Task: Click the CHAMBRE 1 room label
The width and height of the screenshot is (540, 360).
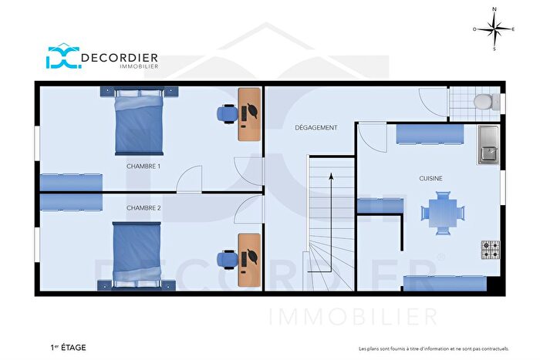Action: click(143, 166)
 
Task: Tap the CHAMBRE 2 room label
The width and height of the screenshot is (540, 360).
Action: click(143, 207)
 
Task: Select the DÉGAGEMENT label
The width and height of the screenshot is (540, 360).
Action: click(316, 128)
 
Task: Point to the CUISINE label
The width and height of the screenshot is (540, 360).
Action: click(430, 178)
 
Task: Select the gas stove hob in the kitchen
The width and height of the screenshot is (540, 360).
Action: click(490, 249)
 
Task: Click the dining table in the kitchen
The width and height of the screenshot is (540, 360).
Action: click(444, 212)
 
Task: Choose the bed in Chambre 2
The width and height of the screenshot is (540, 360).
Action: click(137, 254)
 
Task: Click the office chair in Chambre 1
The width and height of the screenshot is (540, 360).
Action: click(226, 114)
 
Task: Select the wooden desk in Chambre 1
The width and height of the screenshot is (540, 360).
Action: click(249, 114)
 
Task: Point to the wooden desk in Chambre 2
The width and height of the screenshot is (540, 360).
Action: click(249, 260)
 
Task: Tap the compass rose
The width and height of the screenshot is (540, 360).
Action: click(494, 29)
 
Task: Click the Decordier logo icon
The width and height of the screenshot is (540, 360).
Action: click(62, 58)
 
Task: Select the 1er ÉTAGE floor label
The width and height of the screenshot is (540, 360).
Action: click(66, 348)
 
